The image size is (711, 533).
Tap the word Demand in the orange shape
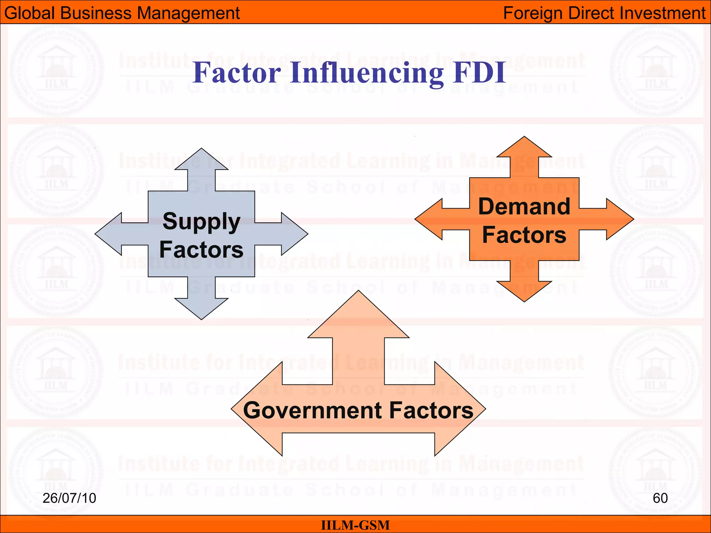point(524,207)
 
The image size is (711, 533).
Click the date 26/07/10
point(69,498)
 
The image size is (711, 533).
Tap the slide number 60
point(660,498)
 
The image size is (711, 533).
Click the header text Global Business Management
point(122,13)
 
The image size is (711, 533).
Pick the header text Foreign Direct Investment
point(604,13)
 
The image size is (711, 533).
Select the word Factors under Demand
point(524,235)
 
